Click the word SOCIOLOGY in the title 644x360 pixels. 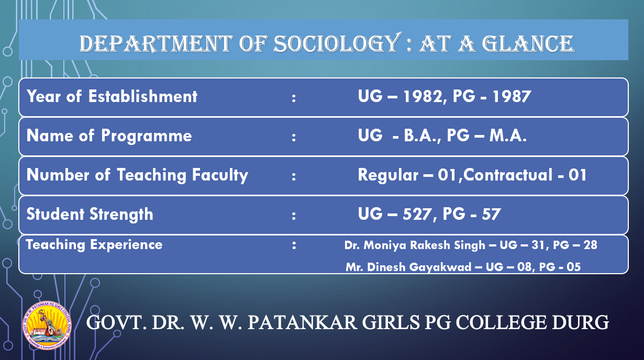[338, 43]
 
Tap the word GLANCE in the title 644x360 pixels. [528, 43]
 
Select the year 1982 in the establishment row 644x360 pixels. [423, 96]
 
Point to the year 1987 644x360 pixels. [512, 96]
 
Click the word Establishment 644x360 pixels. [143, 96]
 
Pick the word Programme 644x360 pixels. [146, 136]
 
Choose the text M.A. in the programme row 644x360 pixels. [508, 136]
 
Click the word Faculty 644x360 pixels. [220, 175]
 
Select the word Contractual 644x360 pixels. [508, 175]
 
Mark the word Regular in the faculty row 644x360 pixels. [388, 175]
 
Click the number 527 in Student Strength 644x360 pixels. [417, 214]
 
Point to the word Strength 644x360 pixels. [121, 215]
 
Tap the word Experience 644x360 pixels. [126, 245]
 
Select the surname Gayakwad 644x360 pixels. [440, 267]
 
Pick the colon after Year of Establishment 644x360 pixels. [294, 98]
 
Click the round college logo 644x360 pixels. [47, 325]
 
